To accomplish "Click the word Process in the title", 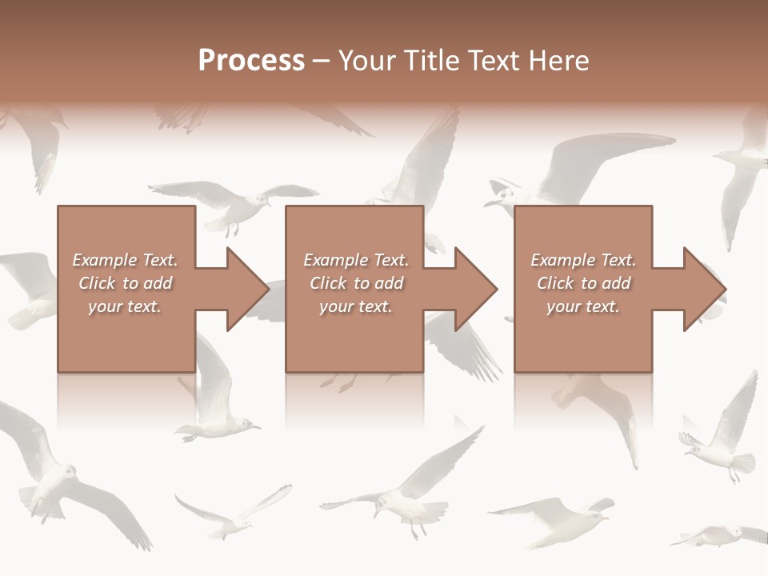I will coord(251,61).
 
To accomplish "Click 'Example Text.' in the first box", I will coord(125,260).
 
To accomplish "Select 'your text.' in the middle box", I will coord(356,306).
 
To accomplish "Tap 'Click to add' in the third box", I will coord(584,283).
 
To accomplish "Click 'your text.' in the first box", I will coord(125,306).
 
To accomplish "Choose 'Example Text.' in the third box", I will coord(584,260).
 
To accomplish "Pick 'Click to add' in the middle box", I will coord(356,283).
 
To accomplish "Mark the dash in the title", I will coord(321,61).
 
